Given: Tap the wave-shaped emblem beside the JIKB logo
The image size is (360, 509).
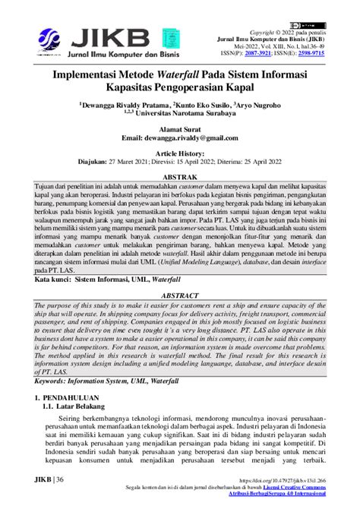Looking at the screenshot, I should pyautogui.click(x=55, y=40).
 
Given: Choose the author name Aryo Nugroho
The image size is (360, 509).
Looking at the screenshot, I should pyautogui.click(x=259, y=106).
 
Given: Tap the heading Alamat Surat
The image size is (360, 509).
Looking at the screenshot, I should pyautogui.click(x=179, y=130).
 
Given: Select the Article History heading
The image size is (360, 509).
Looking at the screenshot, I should pyautogui.click(x=179, y=153).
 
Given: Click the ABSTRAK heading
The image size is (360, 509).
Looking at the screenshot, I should pyautogui.click(x=180, y=175).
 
